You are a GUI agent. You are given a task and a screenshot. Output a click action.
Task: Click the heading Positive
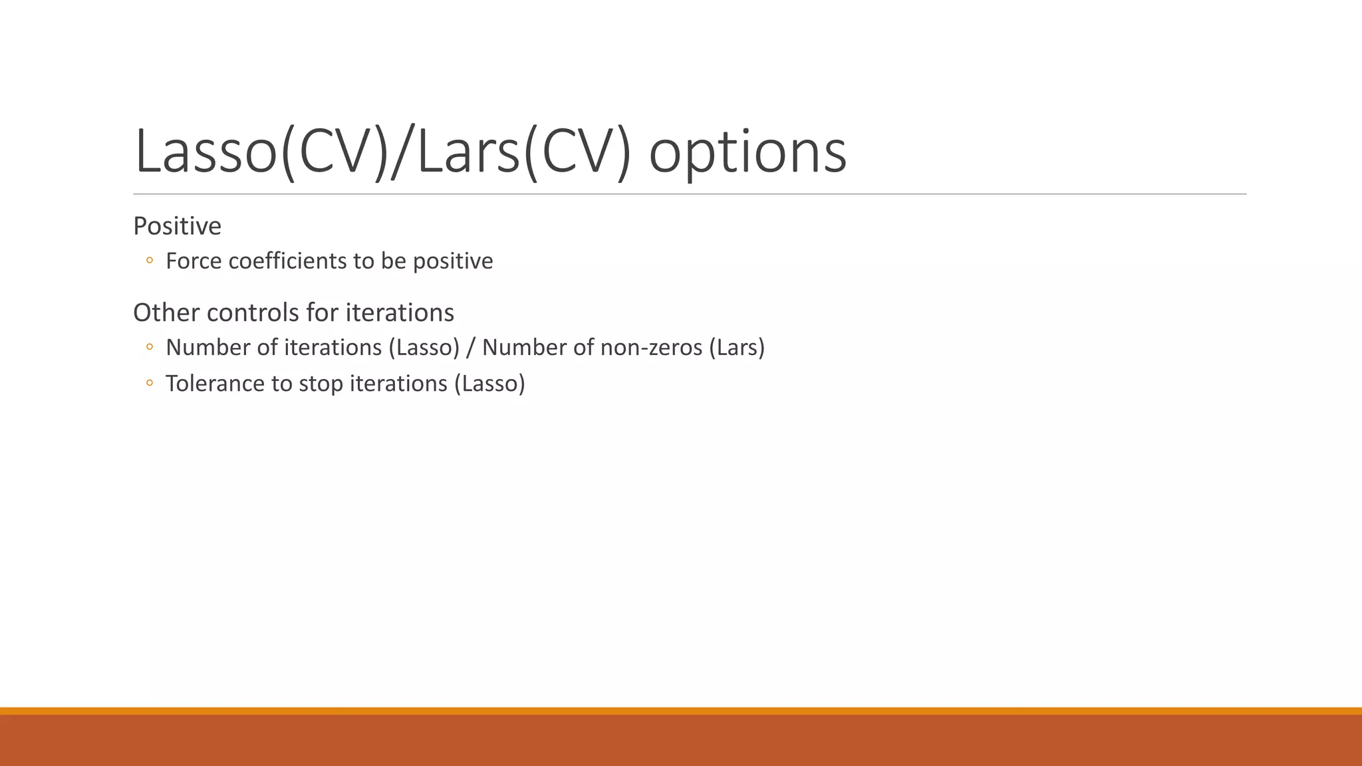(177, 227)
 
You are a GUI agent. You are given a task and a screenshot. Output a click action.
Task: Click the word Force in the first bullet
(194, 261)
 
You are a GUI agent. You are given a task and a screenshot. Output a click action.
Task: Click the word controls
(245, 313)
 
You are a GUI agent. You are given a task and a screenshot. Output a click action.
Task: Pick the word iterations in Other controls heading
(400, 313)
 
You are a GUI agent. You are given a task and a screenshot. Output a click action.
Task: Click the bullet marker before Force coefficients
(150, 261)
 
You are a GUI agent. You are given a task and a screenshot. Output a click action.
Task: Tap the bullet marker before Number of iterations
(150, 347)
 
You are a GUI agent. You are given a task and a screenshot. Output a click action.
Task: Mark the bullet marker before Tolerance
(150, 383)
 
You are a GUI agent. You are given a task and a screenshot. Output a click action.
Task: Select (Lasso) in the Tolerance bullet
(489, 384)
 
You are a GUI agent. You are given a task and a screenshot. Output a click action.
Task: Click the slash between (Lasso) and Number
(471, 348)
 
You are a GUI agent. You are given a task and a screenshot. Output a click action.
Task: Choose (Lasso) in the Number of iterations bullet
(424, 348)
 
